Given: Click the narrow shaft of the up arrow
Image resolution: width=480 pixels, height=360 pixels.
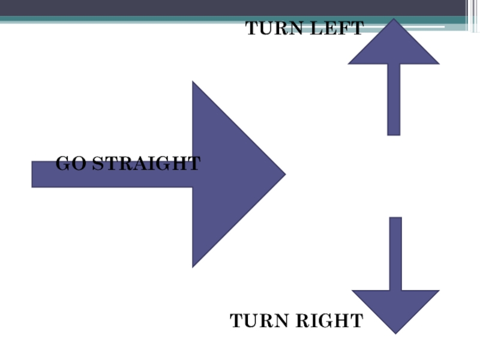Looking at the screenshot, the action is point(394,99).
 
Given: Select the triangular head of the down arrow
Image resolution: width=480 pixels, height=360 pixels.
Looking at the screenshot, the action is point(395,307).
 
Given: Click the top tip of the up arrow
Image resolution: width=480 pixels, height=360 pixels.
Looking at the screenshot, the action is point(394,20).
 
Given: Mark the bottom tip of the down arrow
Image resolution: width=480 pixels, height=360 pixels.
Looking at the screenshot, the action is point(395,332).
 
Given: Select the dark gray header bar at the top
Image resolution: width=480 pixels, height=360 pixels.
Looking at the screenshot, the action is point(240,7).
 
